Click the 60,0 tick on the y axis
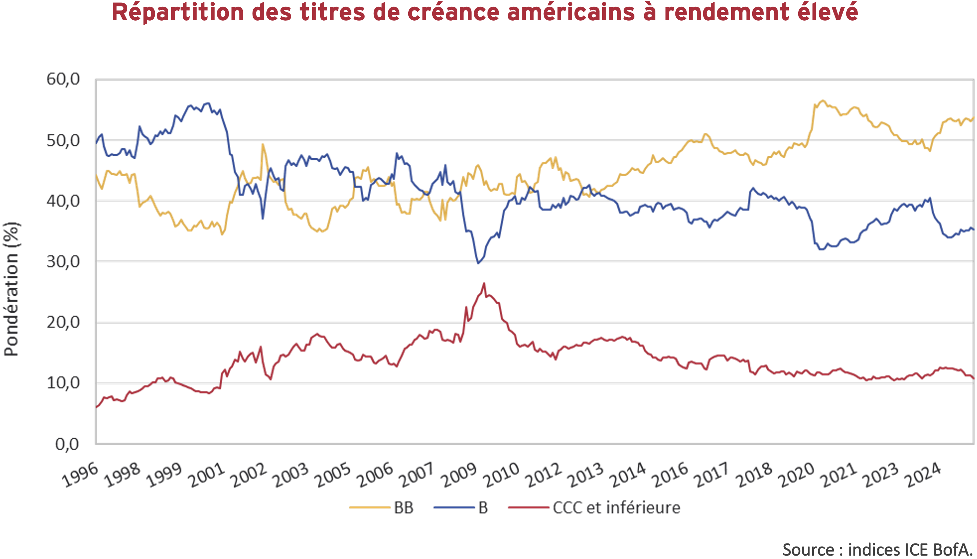pyautogui.click(x=63, y=79)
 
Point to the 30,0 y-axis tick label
pyautogui.click(x=63, y=262)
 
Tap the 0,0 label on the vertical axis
pyautogui.click(x=67, y=444)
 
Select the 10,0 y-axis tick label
pyautogui.click(x=63, y=383)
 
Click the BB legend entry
pyautogui.click(x=403, y=508)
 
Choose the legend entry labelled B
pyautogui.click(x=483, y=508)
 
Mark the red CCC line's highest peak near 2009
pyautogui.click(x=484, y=283)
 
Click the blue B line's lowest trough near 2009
pyautogui.click(x=478, y=263)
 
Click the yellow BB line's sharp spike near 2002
pyautogui.click(x=263, y=144)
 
